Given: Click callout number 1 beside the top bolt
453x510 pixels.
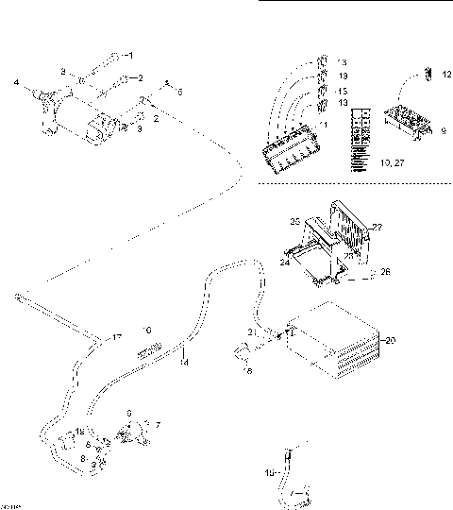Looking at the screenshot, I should coord(131,54).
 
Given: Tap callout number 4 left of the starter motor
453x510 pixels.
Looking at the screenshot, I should coord(16,83).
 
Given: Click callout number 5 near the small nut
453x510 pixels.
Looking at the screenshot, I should coord(180,91).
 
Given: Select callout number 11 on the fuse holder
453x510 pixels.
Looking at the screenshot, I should coord(326,125).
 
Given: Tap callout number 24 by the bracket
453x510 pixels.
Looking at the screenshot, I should coord(283,263).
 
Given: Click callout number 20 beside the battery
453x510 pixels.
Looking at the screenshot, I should coord(391,340).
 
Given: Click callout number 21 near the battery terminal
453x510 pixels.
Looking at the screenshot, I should coord(251,331).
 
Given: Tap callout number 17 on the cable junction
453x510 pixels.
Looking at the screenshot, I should coord(117,337).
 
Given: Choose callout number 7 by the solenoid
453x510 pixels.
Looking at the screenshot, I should coord(158,426).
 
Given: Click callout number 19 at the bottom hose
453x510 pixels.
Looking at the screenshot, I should coord(268,471).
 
